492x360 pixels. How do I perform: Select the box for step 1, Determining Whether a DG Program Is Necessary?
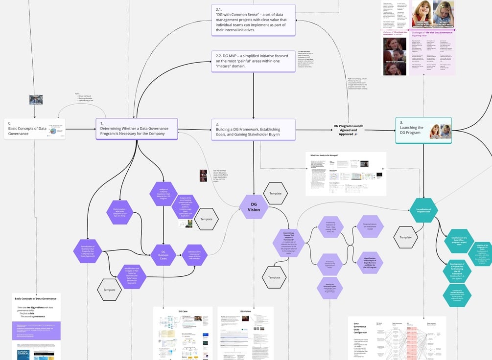(x=136, y=129)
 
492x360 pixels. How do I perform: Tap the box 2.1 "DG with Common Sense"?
(x=254, y=20)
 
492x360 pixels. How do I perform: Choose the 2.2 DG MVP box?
(x=254, y=62)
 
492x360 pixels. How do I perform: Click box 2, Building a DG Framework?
(x=254, y=130)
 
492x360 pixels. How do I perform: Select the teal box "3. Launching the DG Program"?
(x=423, y=130)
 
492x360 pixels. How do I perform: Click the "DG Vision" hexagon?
(x=254, y=207)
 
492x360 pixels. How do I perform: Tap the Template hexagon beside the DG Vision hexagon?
(x=275, y=193)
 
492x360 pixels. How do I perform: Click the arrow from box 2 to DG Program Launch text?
(x=313, y=130)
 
